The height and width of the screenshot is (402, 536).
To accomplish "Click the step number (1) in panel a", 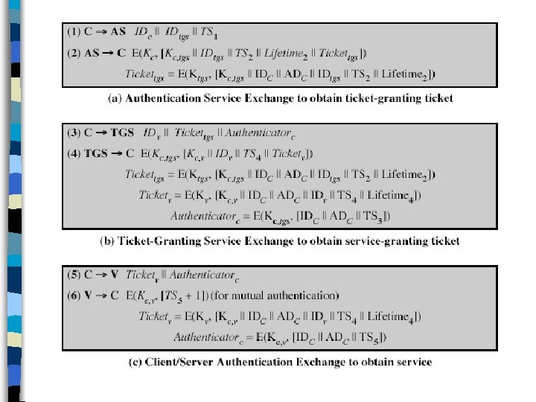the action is pyautogui.click(x=74, y=33).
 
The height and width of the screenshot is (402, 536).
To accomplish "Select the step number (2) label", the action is pyautogui.click(x=74, y=53).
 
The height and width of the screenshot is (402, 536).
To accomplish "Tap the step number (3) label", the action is pyautogui.click(x=74, y=133).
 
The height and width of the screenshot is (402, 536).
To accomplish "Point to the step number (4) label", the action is pyautogui.click(x=74, y=154).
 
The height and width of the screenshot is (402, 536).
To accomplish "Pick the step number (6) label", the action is pyautogui.click(x=74, y=296).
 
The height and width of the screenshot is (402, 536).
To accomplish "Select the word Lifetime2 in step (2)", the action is pyautogui.click(x=284, y=54).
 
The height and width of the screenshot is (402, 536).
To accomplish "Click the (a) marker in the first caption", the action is pyautogui.click(x=106, y=98).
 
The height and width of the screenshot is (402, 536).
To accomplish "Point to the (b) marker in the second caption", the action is pyautogui.click(x=106, y=240).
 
